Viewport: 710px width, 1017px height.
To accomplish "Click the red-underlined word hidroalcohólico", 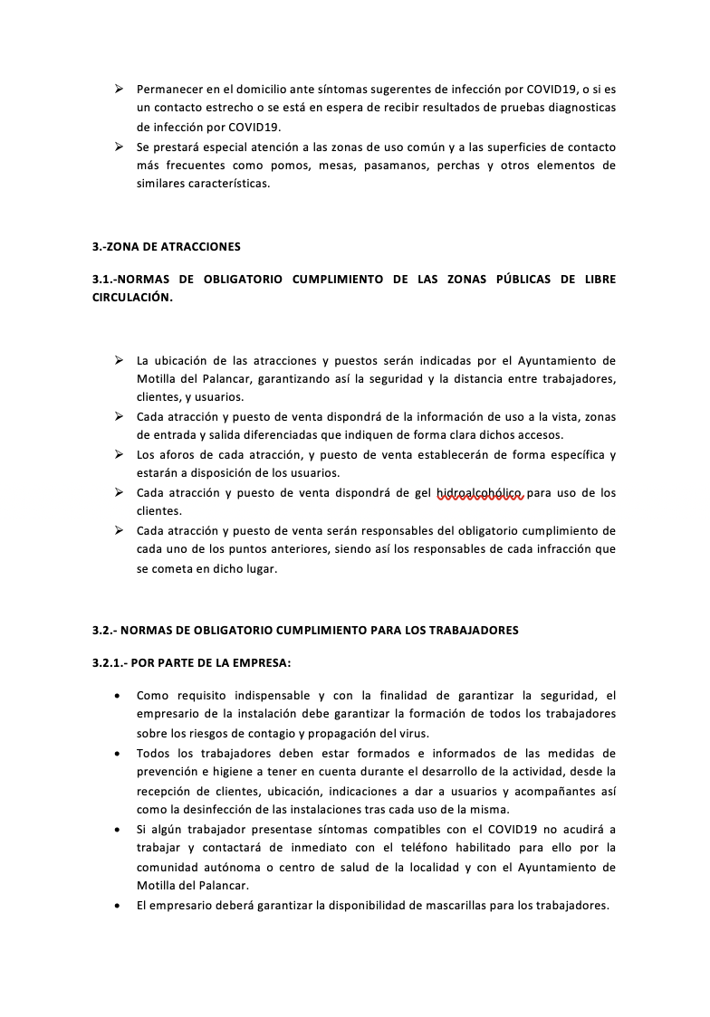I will pos(479,493).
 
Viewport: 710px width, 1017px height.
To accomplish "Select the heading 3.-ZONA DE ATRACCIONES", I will pos(166,246).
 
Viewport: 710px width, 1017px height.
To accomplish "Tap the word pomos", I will pos(317,165).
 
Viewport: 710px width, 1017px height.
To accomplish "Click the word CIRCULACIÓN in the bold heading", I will pos(131,298).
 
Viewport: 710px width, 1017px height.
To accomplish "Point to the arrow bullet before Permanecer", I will pos(119,89).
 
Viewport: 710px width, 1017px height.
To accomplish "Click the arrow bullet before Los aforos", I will pos(119,454).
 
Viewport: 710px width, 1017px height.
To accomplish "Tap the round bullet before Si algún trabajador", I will pos(119,829).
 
